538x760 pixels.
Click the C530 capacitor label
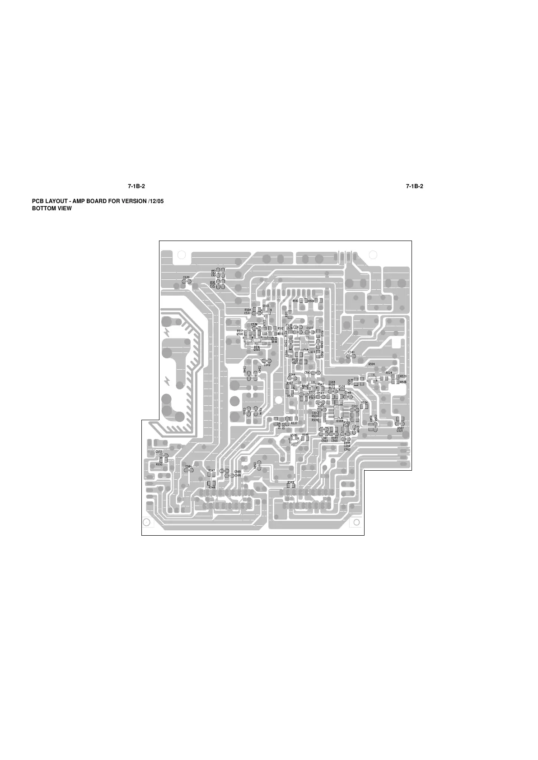click(x=186, y=278)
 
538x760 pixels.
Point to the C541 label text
click(x=351, y=352)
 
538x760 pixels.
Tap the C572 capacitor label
click(x=159, y=452)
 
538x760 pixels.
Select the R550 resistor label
click(x=159, y=464)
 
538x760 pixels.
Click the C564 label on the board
click(x=188, y=466)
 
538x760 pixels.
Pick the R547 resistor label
click(x=211, y=470)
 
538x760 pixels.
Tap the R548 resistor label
click(x=211, y=487)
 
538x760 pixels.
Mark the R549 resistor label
click(x=291, y=482)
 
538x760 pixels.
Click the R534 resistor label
click(x=364, y=403)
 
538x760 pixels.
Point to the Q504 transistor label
click(x=371, y=364)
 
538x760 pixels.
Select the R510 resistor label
click(x=295, y=301)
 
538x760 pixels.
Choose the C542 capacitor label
click(x=267, y=365)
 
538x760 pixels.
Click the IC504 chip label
click(x=340, y=421)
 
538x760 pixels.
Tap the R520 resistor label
click(x=403, y=376)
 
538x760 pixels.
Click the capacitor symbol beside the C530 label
click(x=186, y=282)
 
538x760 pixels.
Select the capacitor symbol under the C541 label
click(x=351, y=357)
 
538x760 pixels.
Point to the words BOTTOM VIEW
click(x=51, y=209)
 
